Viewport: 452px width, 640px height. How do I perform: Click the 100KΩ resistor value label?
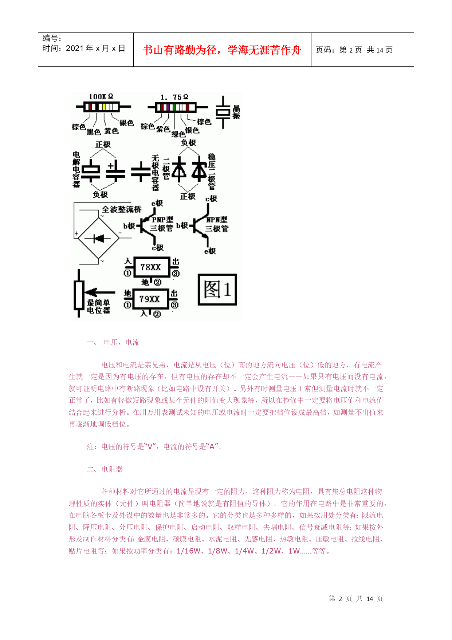[101, 97]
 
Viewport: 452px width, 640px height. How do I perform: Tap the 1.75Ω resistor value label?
[174, 97]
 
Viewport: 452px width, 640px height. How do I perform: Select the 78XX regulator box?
[151, 267]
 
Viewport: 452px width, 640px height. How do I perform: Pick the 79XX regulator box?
[150, 299]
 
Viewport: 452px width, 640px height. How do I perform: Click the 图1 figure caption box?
[217, 289]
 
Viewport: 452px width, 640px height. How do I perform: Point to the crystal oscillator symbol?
[223, 112]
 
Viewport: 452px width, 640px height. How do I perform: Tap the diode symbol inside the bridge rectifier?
[99, 239]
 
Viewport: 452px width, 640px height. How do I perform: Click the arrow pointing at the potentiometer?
[100, 292]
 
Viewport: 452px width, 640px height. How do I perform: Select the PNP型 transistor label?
[162, 220]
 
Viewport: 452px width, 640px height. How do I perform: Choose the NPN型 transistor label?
[217, 220]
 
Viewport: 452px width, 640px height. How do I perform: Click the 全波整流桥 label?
[121, 209]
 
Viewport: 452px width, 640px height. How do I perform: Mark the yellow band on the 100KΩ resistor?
[104, 107]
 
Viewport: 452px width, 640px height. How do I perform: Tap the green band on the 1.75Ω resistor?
[174, 107]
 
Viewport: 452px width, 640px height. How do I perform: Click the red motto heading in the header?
[222, 50]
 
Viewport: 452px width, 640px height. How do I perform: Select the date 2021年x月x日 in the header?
[83, 49]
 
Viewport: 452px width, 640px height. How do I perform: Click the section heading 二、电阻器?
[105, 469]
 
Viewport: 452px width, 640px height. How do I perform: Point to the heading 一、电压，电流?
[113, 342]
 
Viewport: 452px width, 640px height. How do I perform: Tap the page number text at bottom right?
[356, 599]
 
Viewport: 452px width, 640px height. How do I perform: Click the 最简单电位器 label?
[98, 306]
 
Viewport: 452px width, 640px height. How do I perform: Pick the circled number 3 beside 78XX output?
[176, 274]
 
